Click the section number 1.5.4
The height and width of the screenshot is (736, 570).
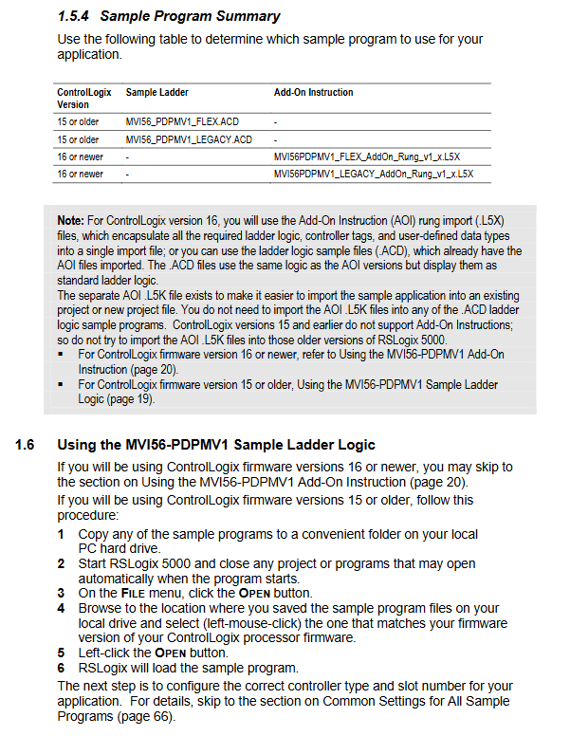click(x=73, y=16)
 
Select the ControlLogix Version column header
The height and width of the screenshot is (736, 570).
click(x=83, y=98)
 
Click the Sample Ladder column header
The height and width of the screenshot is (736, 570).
click(x=156, y=92)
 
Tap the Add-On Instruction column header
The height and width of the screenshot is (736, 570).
click(x=313, y=92)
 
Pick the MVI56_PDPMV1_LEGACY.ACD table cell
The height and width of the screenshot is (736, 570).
click(x=189, y=139)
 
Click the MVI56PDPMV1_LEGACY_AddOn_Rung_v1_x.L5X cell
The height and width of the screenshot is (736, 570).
click(x=373, y=174)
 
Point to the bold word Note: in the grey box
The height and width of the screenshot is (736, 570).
click(x=70, y=220)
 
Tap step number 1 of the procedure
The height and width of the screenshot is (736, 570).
click(x=61, y=534)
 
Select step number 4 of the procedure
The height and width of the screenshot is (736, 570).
click(x=61, y=608)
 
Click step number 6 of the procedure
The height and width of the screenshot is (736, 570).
click(x=61, y=667)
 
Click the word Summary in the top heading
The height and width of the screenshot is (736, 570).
click(x=246, y=16)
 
